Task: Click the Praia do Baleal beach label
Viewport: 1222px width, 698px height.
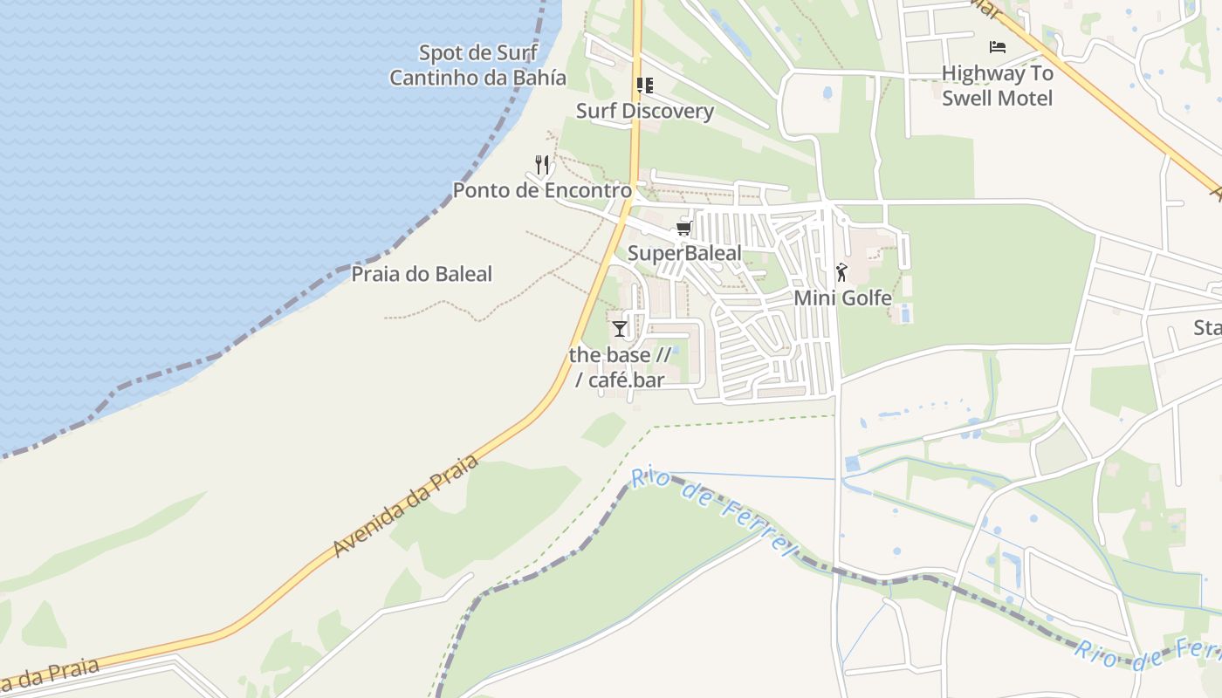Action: point(422,274)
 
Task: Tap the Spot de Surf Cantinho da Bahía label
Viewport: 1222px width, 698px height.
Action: point(477,65)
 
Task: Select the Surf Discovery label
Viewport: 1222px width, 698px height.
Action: point(645,111)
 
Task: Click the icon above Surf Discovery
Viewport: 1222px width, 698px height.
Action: point(645,86)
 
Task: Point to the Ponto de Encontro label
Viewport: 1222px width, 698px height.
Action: point(542,190)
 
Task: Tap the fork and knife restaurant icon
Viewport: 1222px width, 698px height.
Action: point(542,164)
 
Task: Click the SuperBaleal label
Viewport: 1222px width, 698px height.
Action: point(685,253)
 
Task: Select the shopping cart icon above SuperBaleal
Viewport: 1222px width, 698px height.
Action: point(684,229)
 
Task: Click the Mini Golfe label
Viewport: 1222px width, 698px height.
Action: point(842,298)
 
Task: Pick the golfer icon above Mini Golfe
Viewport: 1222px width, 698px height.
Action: point(841,272)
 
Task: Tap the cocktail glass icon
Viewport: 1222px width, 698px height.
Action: point(620,328)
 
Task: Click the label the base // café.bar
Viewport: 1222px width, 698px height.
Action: point(620,367)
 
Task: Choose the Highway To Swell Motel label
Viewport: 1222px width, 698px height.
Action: point(998,86)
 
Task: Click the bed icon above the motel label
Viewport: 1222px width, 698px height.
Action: point(998,47)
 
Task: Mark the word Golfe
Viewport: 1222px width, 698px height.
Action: point(865,298)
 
